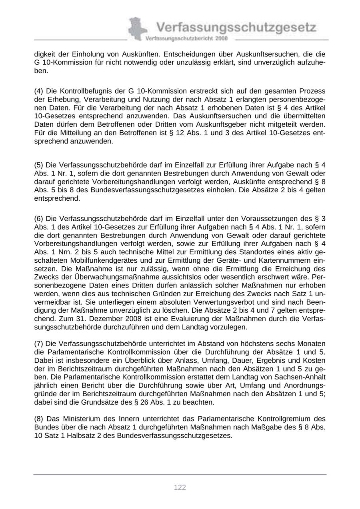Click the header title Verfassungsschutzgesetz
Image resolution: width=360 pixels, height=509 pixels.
point(236,28)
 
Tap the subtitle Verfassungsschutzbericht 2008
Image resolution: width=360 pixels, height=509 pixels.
point(186,38)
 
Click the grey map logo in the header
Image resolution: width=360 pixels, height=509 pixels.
point(136,28)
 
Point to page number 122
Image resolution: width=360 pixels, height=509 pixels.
point(180,487)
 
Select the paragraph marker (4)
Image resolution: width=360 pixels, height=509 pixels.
point(39,91)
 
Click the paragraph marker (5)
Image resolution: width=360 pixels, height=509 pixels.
point(39,165)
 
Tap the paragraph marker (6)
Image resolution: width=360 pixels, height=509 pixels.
point(39,218)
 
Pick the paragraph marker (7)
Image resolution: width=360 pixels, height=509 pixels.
point(39,343)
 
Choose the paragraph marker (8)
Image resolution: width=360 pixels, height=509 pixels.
point(39,419)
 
